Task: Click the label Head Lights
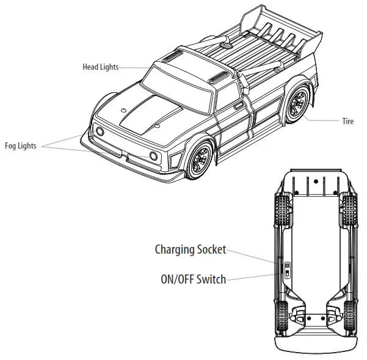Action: click(101, 67)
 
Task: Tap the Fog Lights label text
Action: click(20, 146)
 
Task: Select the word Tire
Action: click(347, 122)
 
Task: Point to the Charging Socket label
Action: click(191, 249)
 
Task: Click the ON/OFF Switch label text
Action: click(193, 279)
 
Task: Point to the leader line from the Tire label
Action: click(322, 120)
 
